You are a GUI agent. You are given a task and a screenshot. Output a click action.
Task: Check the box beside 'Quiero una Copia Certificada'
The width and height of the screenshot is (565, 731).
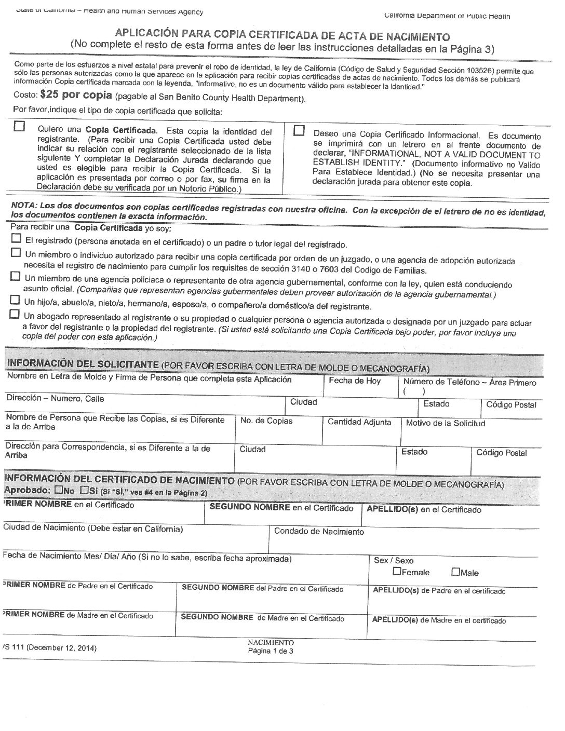click(x=19, y=127)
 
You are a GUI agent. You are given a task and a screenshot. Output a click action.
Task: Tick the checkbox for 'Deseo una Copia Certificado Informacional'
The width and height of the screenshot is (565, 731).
click(x=299, y=131)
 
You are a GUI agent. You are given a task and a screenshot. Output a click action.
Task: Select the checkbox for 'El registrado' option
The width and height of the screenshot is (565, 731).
click(x=16, y=238)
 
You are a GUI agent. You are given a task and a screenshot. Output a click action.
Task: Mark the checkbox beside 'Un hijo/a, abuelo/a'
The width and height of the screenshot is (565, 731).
click(x=15, y=300)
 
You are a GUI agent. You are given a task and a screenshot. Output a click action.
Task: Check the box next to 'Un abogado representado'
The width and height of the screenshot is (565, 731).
click(x=14, y=314)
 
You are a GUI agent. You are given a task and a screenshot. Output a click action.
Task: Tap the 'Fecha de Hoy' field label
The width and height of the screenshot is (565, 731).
click(x=355, y=381)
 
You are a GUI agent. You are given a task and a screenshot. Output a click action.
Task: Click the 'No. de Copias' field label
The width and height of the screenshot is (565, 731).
click(x=266, y=421)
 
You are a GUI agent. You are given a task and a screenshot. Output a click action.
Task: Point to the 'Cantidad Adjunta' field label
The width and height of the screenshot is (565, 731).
click(x=359, y=422)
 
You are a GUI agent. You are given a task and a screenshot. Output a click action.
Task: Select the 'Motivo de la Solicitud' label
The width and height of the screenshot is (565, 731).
click(x=446, y=423)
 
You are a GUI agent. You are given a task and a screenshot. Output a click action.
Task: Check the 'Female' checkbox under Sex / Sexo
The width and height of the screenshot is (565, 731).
click(x=397, y=572)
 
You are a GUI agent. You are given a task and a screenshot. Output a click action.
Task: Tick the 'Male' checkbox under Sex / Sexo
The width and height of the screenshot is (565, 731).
click(x=455, y=572)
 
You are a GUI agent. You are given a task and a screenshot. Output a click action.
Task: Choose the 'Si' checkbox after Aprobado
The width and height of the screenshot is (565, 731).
click(x=84, y=490)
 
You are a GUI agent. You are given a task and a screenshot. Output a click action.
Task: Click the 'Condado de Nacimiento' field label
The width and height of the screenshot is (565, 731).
click(x=319, y=531)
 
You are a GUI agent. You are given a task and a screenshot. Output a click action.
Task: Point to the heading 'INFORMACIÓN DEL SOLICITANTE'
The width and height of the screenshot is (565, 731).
click(x=82, y=364)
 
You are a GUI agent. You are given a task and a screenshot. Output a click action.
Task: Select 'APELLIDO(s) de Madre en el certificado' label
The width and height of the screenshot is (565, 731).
click(x=439, y=620)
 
